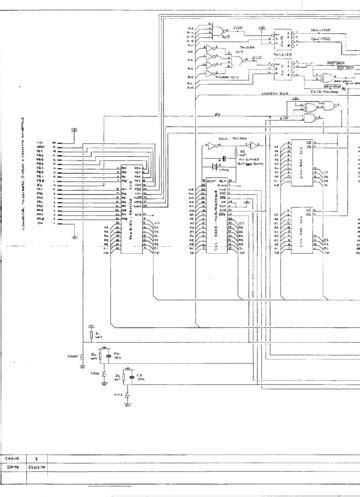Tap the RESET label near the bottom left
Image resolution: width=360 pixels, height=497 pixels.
click(73, 354)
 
